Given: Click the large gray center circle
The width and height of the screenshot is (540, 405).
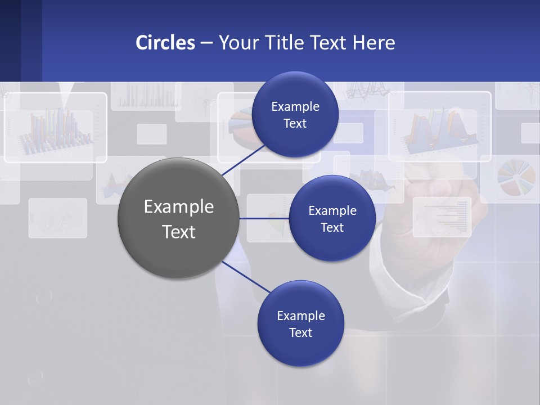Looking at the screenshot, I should coord(178,218).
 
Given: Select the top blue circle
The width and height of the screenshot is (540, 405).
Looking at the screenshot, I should coord(295,115).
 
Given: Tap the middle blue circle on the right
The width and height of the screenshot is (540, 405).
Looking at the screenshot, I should coord(332,218).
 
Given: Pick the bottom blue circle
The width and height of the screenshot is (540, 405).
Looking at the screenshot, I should coord(300,323).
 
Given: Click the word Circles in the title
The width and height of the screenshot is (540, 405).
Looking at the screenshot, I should coord(165,43).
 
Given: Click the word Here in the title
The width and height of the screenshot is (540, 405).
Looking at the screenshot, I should coord(373,43).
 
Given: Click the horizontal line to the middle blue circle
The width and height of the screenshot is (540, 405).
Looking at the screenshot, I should coord(264,218).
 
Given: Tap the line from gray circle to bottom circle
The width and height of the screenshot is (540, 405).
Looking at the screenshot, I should coord(246,277).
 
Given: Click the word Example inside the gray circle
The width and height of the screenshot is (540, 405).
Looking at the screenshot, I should coord(178,206).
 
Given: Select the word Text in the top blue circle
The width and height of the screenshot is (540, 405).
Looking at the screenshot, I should coord(295,124).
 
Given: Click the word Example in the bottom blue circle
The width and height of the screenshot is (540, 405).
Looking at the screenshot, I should coord(300,316).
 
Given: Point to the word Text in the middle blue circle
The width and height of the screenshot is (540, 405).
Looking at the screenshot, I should coord(332,228).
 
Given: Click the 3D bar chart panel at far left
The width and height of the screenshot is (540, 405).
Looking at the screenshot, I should coord(55,128).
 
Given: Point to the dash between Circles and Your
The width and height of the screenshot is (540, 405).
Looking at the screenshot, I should coord(206,43).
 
